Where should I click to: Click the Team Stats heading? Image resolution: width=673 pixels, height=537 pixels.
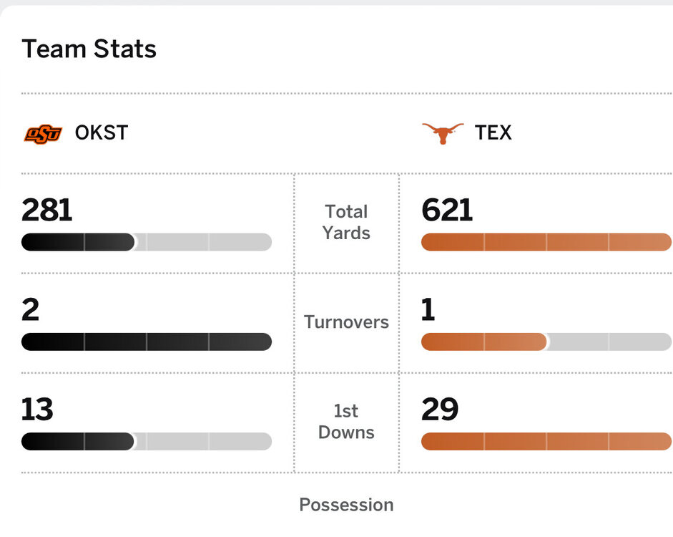pyautogui.click(x=89, y=49)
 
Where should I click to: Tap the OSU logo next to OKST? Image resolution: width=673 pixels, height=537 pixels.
pyautogui.click(x=43, y=133)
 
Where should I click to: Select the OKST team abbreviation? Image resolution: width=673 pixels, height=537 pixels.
pyautogui.click(x=102, y=133)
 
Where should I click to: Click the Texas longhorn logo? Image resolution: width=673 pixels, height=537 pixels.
pyautogui.click(x=443, y=133)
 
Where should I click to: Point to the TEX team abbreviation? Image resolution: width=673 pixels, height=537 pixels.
pyautogui.click(x=493, y=133)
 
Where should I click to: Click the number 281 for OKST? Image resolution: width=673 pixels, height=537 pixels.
pyautogui.click(x=47, y=211)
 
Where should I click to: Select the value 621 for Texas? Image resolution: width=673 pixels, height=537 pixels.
pyautogui.click(x=448, y=211)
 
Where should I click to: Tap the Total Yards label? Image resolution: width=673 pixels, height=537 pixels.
pyautogui.click(x=346, y=222)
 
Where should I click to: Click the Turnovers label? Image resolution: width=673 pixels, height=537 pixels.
pyautogui.click(x=346, y=322)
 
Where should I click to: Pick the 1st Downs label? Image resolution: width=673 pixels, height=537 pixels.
pyautogui.click(x=346, y=422)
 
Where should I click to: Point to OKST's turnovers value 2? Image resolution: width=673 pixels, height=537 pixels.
pyautogui.click(x=31, y=310)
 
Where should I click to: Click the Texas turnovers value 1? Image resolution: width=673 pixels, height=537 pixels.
pyautogui.click(x=428, y=310)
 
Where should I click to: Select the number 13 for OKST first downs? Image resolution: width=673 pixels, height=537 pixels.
pyautogui.click(x=38, y=410)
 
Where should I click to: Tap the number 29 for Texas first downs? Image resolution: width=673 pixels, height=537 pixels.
pyautogui.click(x=440, y=410)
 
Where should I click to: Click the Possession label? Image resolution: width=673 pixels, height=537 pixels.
pyautogui.click(x=346, y=505)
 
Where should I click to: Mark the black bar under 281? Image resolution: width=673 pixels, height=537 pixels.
pyautogui.click(x=78, y=242)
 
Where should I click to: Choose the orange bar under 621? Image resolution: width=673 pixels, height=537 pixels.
pyautogui.click(x=546, y=242)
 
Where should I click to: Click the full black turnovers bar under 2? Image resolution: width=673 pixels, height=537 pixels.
pyautogui.click(x=147, y=342)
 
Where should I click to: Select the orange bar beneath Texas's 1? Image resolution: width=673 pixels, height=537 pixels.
pyautogui.click(x=484, y=342)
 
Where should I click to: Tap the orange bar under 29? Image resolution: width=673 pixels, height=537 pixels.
pyautogui.click(x=546, y=441)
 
